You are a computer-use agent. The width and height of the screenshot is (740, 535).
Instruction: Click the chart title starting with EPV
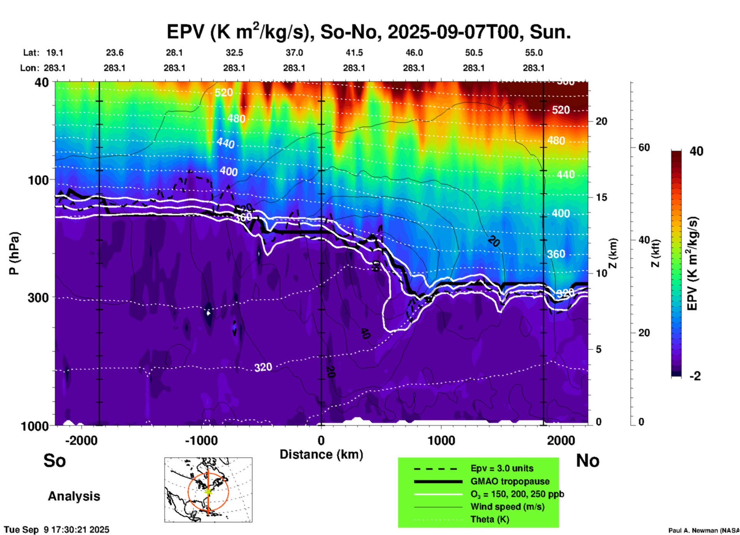point(368,32)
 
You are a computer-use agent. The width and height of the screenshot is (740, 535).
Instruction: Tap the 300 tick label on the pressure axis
point(38,297)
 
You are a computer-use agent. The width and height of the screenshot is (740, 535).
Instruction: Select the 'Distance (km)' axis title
point(321,454)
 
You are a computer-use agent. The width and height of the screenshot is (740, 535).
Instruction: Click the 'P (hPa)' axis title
point(14,253)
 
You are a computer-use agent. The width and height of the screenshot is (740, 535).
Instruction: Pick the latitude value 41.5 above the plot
point(354,53)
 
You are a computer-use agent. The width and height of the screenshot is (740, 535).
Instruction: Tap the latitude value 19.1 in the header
point(55,53)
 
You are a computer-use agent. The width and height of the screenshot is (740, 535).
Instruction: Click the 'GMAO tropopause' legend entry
point(510,481)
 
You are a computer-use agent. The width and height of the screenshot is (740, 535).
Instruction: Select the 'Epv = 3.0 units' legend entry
point(502,468)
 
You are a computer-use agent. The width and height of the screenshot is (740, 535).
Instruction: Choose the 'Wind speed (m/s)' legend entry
point(507,507)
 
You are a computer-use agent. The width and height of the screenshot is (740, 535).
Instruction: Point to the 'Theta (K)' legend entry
point(489,519)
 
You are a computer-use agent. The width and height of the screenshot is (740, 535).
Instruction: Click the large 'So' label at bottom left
point(55,461)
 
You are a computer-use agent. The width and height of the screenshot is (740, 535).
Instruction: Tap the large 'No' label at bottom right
point(587,461)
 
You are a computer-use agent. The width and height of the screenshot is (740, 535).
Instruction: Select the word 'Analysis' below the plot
point(74,496)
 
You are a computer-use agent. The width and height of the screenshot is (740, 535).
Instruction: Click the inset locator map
point(208,490)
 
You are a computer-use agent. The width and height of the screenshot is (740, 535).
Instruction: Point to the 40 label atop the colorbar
point(696,151)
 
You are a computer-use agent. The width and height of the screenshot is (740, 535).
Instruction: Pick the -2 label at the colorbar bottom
point(695,376)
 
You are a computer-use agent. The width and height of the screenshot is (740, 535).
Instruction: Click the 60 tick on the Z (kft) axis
point(644,147)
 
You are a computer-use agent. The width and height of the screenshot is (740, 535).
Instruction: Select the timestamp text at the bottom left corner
point(57,530)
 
